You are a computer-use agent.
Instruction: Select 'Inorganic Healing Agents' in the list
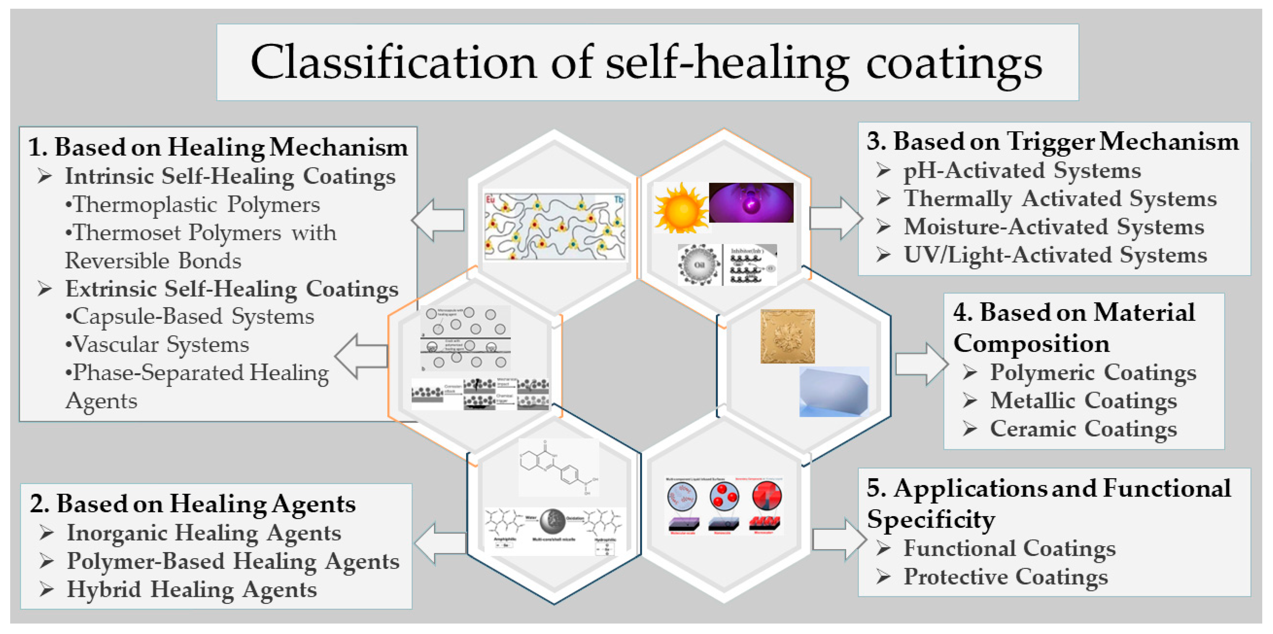click(x=204, y=533)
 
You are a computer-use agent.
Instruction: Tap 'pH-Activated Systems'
click(x=1022, y=171)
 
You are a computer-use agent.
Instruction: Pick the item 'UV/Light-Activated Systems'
click(x=1055, y=255)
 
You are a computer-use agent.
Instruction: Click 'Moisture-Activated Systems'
click(x=1054, y=227)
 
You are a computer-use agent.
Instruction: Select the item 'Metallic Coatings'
click(x=1083, y=400)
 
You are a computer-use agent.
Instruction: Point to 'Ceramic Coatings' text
click(x=1083, y=429)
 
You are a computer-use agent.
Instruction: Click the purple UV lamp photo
click(x=751, y=203)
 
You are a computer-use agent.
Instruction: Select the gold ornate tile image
click(x=787, y=336)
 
